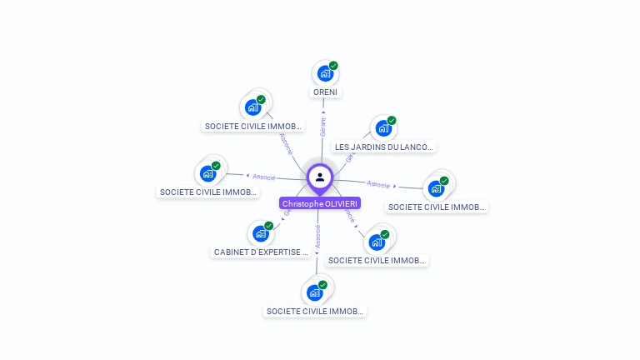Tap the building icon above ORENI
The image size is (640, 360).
[x=324, y=73]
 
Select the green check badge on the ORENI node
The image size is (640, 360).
[x=333, y=65]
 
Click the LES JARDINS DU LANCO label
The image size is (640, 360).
[x=383, y=147]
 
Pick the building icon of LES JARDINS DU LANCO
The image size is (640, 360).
[x=382, y=128]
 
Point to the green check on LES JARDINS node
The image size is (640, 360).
[x=392, y=120]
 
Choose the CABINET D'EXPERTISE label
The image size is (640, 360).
[x=262, y=252]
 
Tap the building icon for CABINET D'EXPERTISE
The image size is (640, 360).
[x=260, y=234]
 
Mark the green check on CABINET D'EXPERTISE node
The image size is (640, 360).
[x=269, y=226]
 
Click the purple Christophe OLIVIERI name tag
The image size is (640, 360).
[x=320, y=203]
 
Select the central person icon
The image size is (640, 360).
[x=320, y=177]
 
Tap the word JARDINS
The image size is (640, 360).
[x=367, y=147]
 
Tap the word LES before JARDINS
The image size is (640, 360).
[x=342, y=147]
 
